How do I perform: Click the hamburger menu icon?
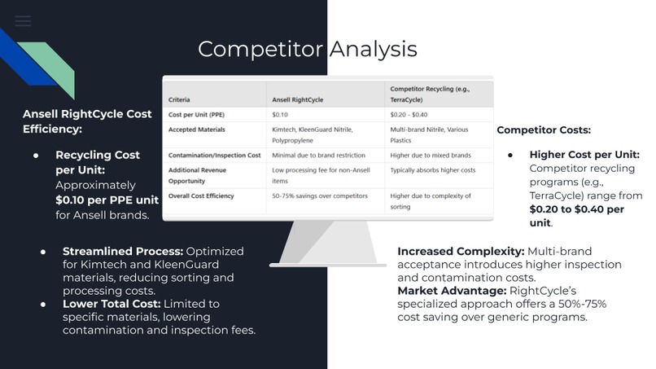[23, 21]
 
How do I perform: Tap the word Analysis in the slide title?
[373, 49]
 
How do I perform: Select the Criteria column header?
[179, 100]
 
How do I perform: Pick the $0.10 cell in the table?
[280, 115]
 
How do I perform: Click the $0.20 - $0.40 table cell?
[409, 115]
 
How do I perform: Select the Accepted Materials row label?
[196, 130]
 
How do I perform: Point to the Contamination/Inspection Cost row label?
[214, 155]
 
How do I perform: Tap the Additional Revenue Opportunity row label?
[197, 174]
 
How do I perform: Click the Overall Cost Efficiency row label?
[201, 196]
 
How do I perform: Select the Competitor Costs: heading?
[544, 130]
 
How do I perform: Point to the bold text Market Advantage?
[450, 291]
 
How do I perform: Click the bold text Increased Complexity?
[461, 252]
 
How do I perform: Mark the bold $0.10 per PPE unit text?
[107, 200]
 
